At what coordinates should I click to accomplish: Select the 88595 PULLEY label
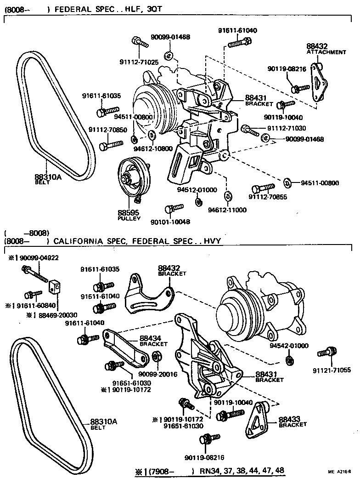129,215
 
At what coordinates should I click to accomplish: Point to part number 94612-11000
227,210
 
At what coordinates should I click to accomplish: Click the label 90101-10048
170,222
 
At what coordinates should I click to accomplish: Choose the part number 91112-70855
268,197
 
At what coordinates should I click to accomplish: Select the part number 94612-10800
153,149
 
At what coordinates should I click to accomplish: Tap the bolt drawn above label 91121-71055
327,353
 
